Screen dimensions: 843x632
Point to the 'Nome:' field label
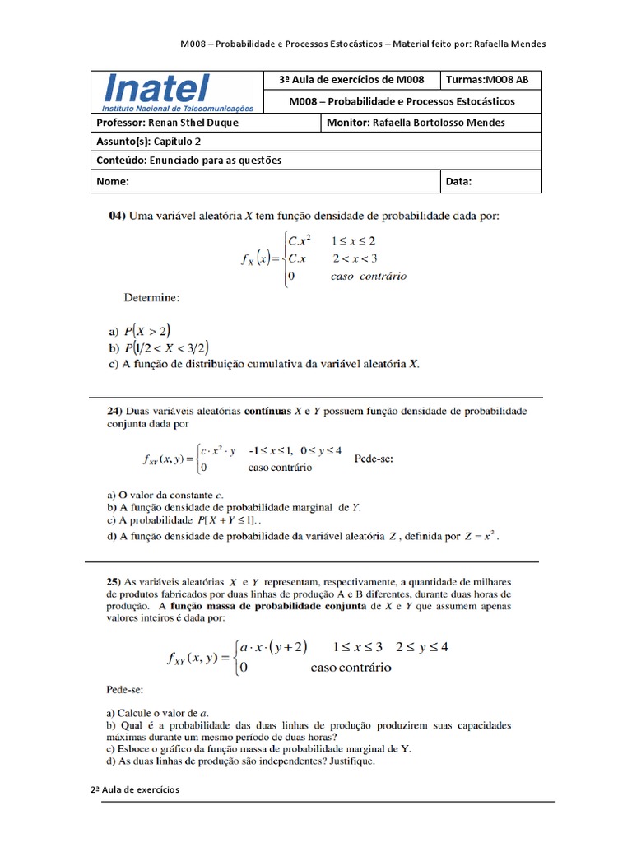(111, 181)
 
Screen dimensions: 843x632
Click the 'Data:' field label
(459, 181)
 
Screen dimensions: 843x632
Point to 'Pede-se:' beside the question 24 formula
(374, 459)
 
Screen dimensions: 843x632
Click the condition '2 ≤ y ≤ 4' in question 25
(421, 647)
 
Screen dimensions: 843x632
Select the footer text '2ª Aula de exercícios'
(135, 789)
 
